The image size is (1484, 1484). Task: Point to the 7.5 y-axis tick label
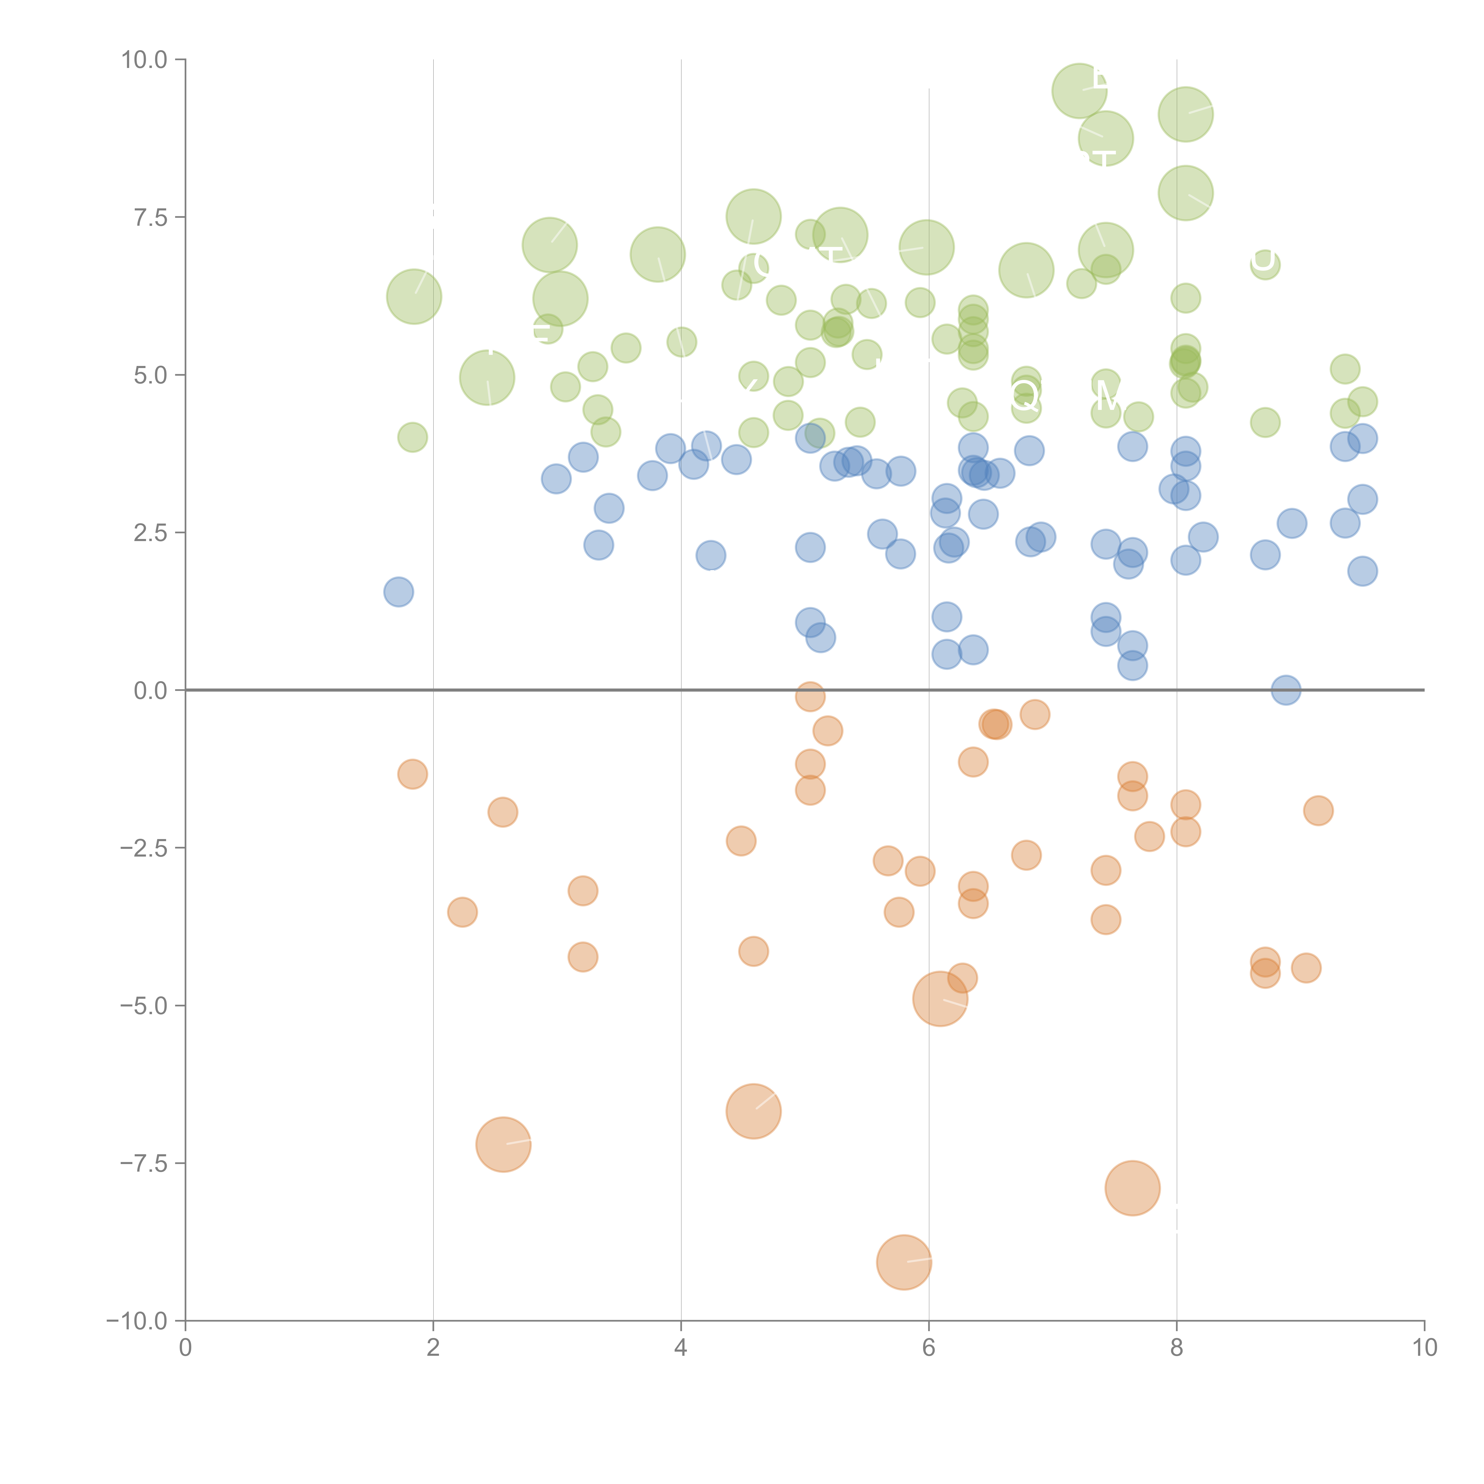(150, 217)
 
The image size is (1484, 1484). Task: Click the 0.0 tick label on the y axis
(150, 691)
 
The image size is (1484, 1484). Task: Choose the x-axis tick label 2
(433, 1347)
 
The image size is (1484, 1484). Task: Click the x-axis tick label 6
(929, 1347)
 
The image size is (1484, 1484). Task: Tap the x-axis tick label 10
(1424, 1347)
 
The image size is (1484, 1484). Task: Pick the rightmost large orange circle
(1132, 1188)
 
